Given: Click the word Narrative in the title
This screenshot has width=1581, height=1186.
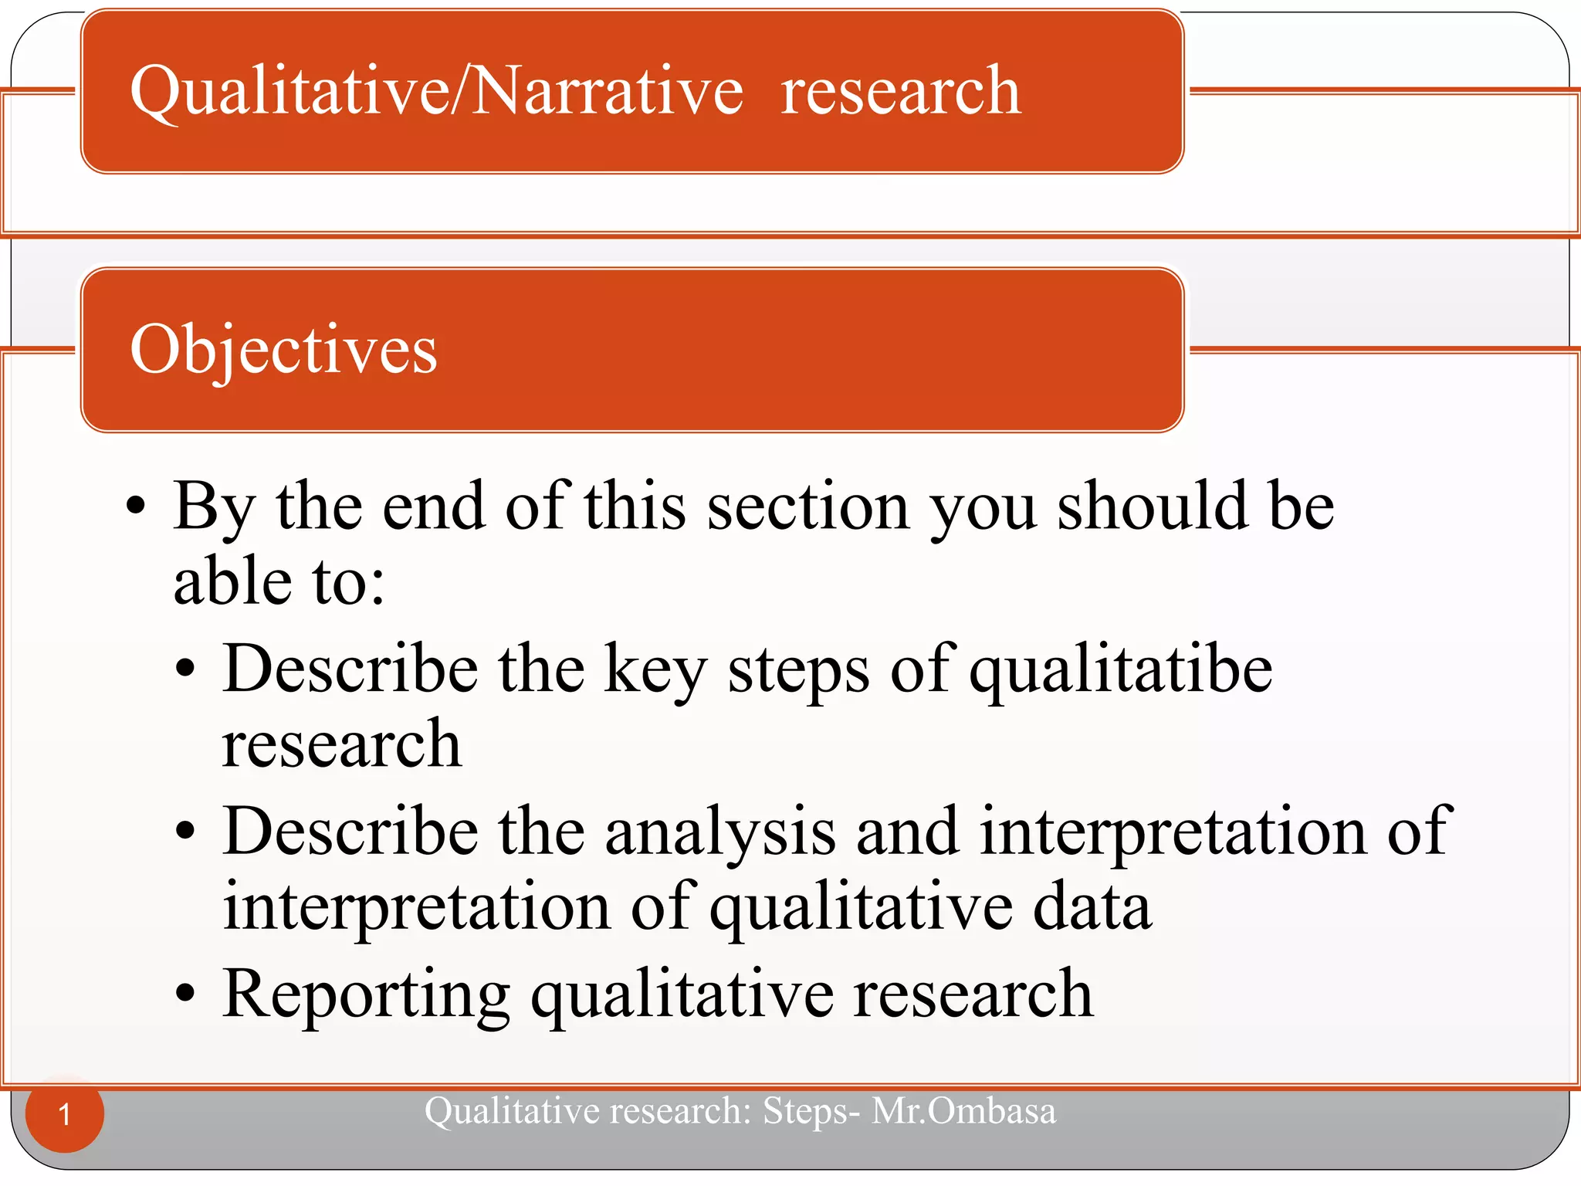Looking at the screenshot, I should [x=608, y=91].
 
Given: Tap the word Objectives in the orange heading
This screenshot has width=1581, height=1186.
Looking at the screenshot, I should [x=283, y=350].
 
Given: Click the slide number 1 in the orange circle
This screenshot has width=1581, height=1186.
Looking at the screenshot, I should [x=65, y=1114].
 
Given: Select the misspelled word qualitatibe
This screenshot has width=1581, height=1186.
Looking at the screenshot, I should [x=1121, y=669].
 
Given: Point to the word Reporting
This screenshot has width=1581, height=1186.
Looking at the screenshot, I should [x=366, y=995].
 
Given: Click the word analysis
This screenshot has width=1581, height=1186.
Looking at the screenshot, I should [x=720, y=832].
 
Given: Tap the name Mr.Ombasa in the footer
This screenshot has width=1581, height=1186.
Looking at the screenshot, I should [x=963, y=1111].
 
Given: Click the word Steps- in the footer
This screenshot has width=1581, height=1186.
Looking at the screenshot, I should [x=811, y=1111].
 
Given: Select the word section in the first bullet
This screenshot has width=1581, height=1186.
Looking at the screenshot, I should [x=808, y=507].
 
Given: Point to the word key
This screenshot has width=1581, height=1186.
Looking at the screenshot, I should [x=655, y=669].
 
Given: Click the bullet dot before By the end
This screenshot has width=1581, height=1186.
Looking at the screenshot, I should [x=136, y=507].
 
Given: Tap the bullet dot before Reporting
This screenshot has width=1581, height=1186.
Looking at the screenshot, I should [x=185, y=995].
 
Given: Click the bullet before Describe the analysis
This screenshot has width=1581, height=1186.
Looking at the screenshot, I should [x=185, y=832].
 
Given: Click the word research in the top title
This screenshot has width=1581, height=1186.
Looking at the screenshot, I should [x=900, y=91].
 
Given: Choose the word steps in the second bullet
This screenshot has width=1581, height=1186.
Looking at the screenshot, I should [x=799, y=669].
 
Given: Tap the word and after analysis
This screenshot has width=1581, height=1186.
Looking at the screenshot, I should [x=908, y=832].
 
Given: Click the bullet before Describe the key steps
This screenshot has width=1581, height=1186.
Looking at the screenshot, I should [x=185, y=669].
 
